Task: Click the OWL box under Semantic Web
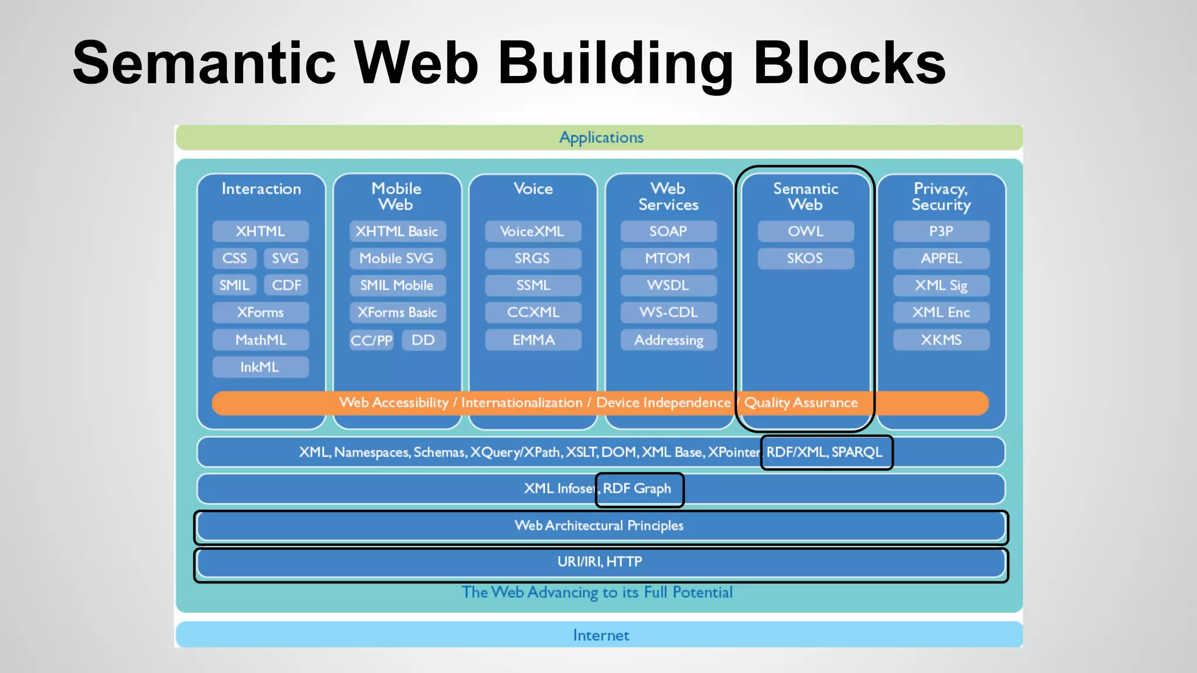[805, 231]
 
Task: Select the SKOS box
[805, 258]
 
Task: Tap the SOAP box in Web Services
[668, 231]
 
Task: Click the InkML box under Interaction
[260, 367]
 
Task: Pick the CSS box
[234, 258]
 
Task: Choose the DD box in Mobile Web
[423, 340]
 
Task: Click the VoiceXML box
[532, 231]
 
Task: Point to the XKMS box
[941, 340]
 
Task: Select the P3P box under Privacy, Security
[941, 231]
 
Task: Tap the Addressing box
[669, 340]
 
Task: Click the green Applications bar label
[601, 138]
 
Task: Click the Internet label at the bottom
[601, 635]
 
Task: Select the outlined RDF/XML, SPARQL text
[824, 452]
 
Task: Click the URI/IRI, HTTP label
[600, 562]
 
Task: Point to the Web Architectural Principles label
[599, 525]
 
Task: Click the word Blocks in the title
[849, 63]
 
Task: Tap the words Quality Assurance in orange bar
[801, 403]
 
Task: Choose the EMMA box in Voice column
[534, 340]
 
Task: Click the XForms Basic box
[397, 313]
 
